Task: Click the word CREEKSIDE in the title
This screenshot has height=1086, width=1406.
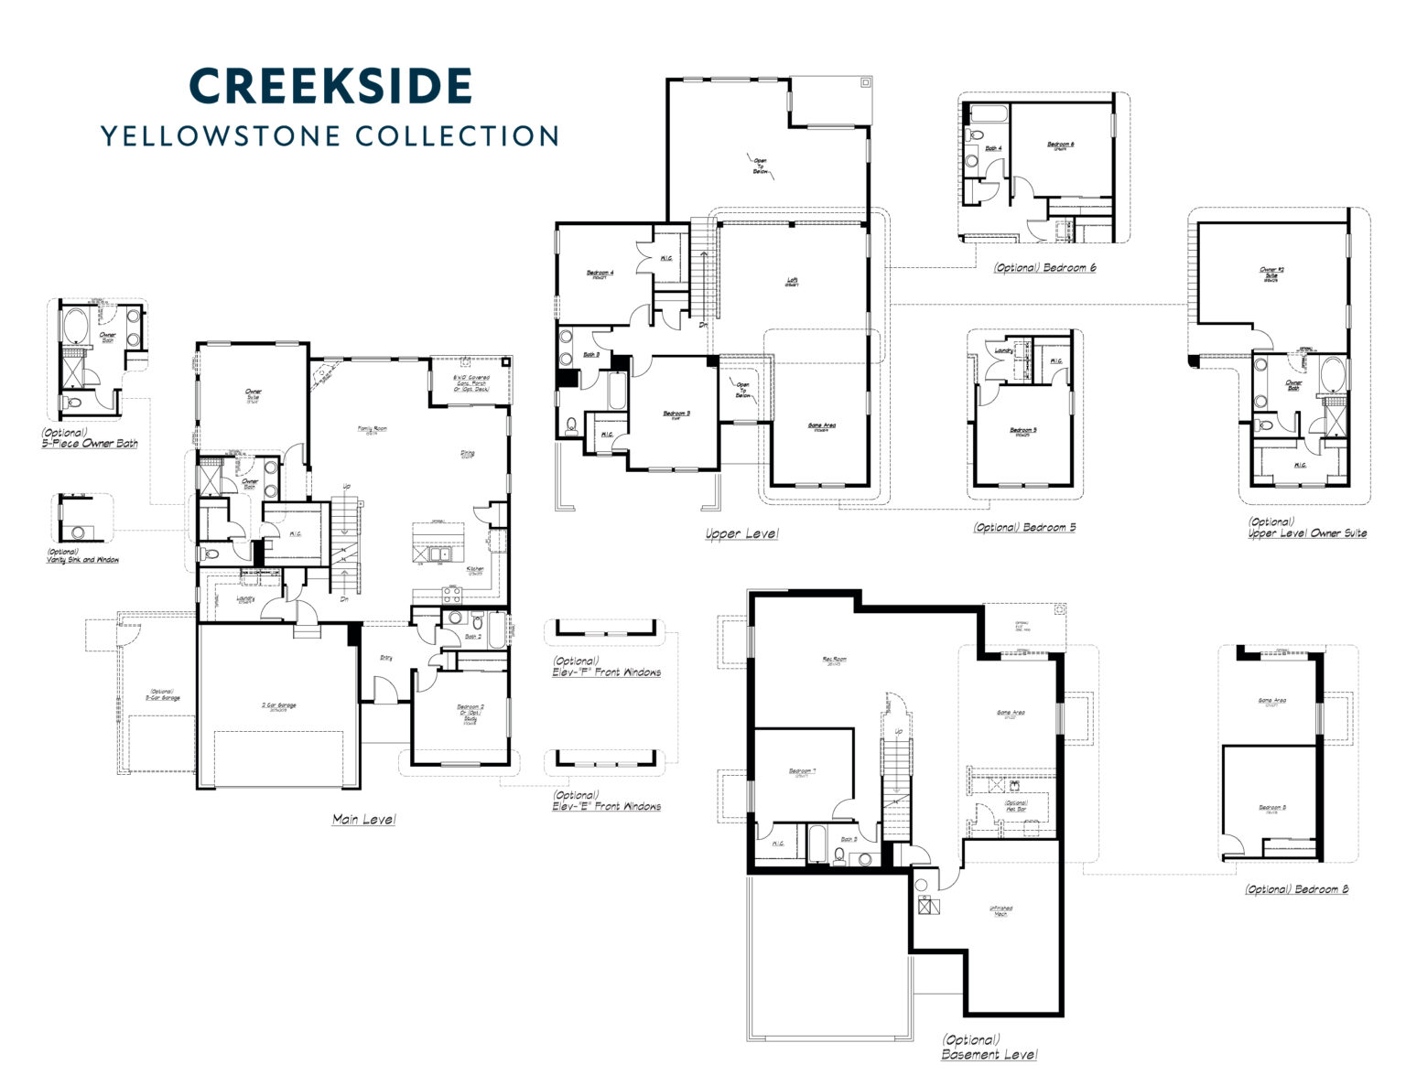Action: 330,85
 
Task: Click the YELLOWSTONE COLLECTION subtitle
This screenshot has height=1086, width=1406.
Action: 330,135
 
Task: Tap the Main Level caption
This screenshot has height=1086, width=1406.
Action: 363,820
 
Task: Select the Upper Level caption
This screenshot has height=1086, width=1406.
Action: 741,533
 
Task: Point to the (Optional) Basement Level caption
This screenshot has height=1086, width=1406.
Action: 989,1048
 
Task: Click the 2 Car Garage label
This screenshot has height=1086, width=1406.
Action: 279,705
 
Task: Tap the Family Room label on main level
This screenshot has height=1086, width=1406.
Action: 372,428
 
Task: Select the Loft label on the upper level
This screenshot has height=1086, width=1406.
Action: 792,281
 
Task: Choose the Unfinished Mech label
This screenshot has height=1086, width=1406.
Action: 1000,911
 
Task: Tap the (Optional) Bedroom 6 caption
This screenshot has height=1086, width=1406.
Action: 1044,268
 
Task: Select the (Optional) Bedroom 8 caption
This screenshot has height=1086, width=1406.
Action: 1295,889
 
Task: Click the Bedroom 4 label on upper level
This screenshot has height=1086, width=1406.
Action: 600,274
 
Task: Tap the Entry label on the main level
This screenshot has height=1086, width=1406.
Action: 386,657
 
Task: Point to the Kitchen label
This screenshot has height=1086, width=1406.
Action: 474,569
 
